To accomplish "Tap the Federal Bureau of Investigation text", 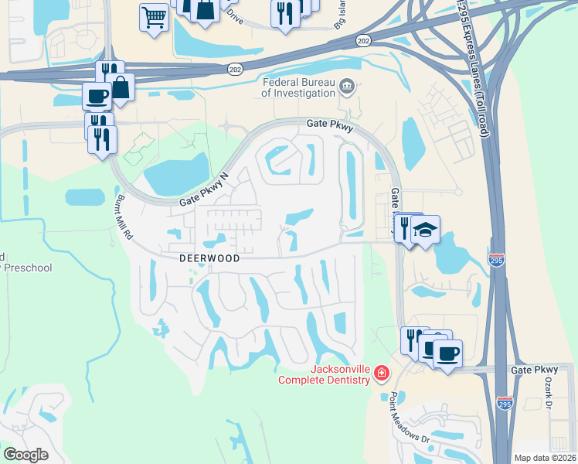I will tap(298, 87).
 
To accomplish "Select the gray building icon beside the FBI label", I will tap(346, 86).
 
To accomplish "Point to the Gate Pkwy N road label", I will tap(206, 189).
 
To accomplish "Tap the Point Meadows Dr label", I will tap(409, 418).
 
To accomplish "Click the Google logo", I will tap(26, 455).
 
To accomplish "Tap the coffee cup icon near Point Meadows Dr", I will tap(447, 354).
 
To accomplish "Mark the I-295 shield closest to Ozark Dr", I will tap(504, 404).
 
